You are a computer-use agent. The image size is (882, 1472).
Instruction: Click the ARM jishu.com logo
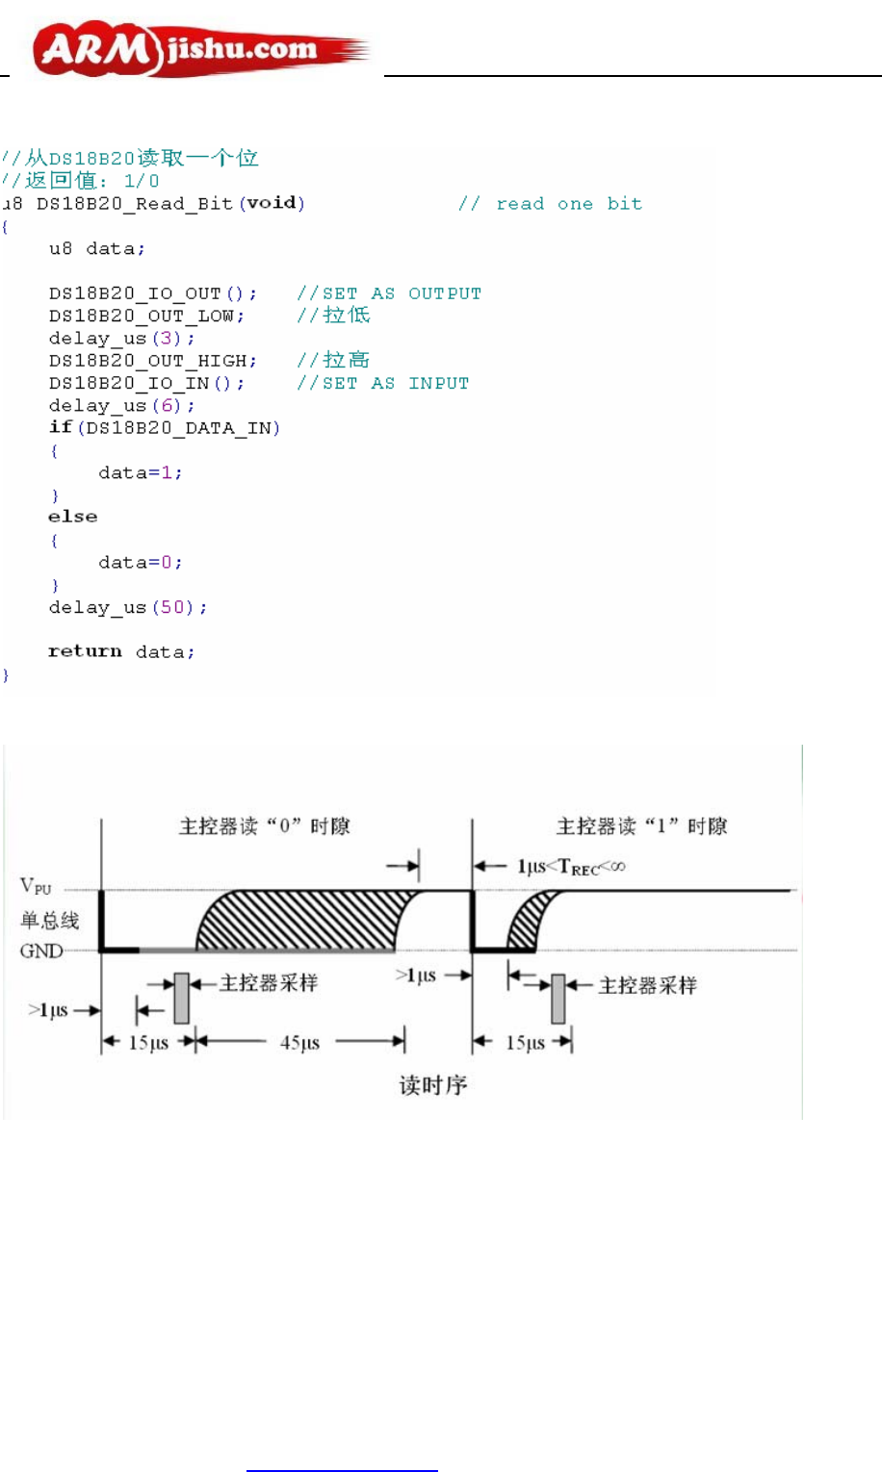pyautogui.click(x=200, y=50)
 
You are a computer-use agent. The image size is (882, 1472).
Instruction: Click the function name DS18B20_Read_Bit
pyautogui.click(x=135, y=204)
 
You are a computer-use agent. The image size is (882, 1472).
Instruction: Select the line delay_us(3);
pyautogui.click(x=122, y=339)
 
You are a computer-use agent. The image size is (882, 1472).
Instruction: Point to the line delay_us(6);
pyautogui.click(x=122, y=406)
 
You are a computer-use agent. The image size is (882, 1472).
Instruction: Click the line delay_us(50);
pyautogui.click(x=128, y=608)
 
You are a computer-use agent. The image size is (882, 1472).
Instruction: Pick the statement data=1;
pyautogui.click(x=141, y=473)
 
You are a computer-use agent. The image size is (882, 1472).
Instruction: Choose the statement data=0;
pyautogui.click(x=141, y=563)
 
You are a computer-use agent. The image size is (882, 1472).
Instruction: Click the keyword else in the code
pyautogui.click(x=73, y=518)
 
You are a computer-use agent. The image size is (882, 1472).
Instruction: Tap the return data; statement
pyautogui.click(x=121, y=652)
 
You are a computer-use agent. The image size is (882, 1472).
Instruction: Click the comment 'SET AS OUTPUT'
pyautogui.click(x=389, y=293)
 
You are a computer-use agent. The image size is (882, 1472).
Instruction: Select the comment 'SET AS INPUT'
pyautogui.click(x=383, y=384)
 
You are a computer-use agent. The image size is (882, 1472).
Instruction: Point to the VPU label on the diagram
pyautogui.click(x=36, y=886)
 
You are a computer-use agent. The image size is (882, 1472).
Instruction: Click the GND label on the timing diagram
pyautogui.click(x=41, y=952)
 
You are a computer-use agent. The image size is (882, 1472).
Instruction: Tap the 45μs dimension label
pyautogui.click(x=299, y=1043)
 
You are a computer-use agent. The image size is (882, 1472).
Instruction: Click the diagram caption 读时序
pyautogui.click(x=433, y=1085)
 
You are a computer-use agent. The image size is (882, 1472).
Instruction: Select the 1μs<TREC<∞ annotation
pyautogui.click(x=571, y=867)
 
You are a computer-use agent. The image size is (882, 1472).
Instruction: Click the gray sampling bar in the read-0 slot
pyautogui.click(x=181, y=998)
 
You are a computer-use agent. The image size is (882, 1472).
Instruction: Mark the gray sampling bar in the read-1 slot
pyautogui.click(x=558, y=999)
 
